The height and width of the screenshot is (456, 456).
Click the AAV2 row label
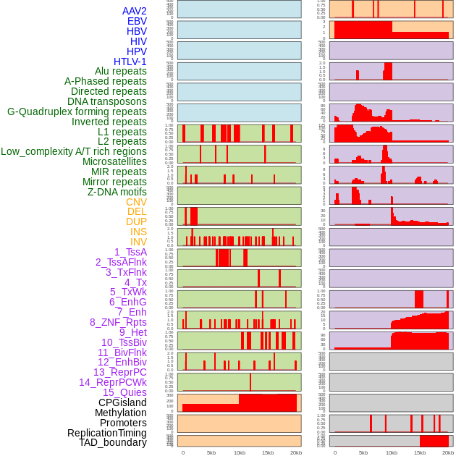click(x=134, y=11)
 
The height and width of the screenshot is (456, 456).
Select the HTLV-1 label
click(x=130, y=62)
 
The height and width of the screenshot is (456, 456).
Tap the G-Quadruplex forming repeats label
click(x=77, y=111)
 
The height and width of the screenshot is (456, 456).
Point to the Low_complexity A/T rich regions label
click(x=74, y=151)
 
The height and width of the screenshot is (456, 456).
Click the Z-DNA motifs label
click(x=117, y=192)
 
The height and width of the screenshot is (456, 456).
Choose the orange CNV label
click(x=136, y=202)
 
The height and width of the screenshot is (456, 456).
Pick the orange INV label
click(x=138, y=242)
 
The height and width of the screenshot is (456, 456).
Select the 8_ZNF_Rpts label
click(x=118, y=322)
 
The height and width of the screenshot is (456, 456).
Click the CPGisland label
click(x=122, y=402)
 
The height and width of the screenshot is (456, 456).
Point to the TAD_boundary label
click(x=113, y=442)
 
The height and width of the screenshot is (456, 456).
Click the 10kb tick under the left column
click(x=240, y=452)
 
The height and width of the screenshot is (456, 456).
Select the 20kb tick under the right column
click(x=448, y=452)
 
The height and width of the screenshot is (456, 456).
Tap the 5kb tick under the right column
click(x=363, y=452)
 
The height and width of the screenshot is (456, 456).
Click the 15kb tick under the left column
click(x=268, y=452)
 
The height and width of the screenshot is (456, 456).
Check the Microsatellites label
click(x=114, y=161)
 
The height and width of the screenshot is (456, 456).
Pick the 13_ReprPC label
click(x=119, y=372)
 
